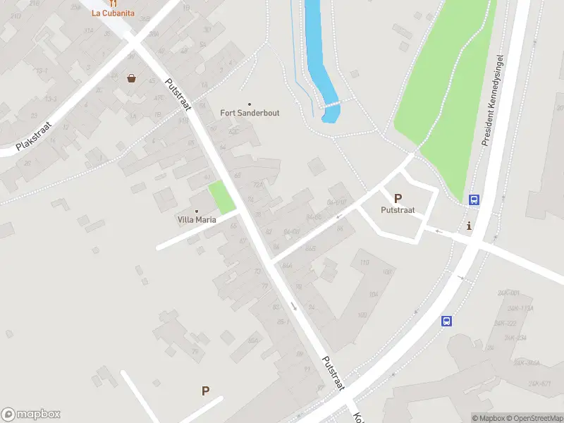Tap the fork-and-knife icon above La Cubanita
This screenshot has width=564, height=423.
click(113, 3)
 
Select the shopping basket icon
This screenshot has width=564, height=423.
click(131, 78)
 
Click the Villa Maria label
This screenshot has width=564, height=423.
click(196, 219)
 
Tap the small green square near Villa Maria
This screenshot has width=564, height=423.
click(222, 198)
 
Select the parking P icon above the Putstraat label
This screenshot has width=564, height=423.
click(398, 199)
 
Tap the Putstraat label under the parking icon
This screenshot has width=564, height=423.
click(398, 210)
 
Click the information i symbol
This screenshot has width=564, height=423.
click(470, 226)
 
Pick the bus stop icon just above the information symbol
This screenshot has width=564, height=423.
click(474, 200)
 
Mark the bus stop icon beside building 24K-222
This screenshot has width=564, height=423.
click(446, 321)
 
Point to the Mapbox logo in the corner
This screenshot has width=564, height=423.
click(31, 415)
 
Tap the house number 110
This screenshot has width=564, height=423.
click(364, 263)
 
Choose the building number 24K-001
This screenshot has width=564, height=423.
click(508, 293)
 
